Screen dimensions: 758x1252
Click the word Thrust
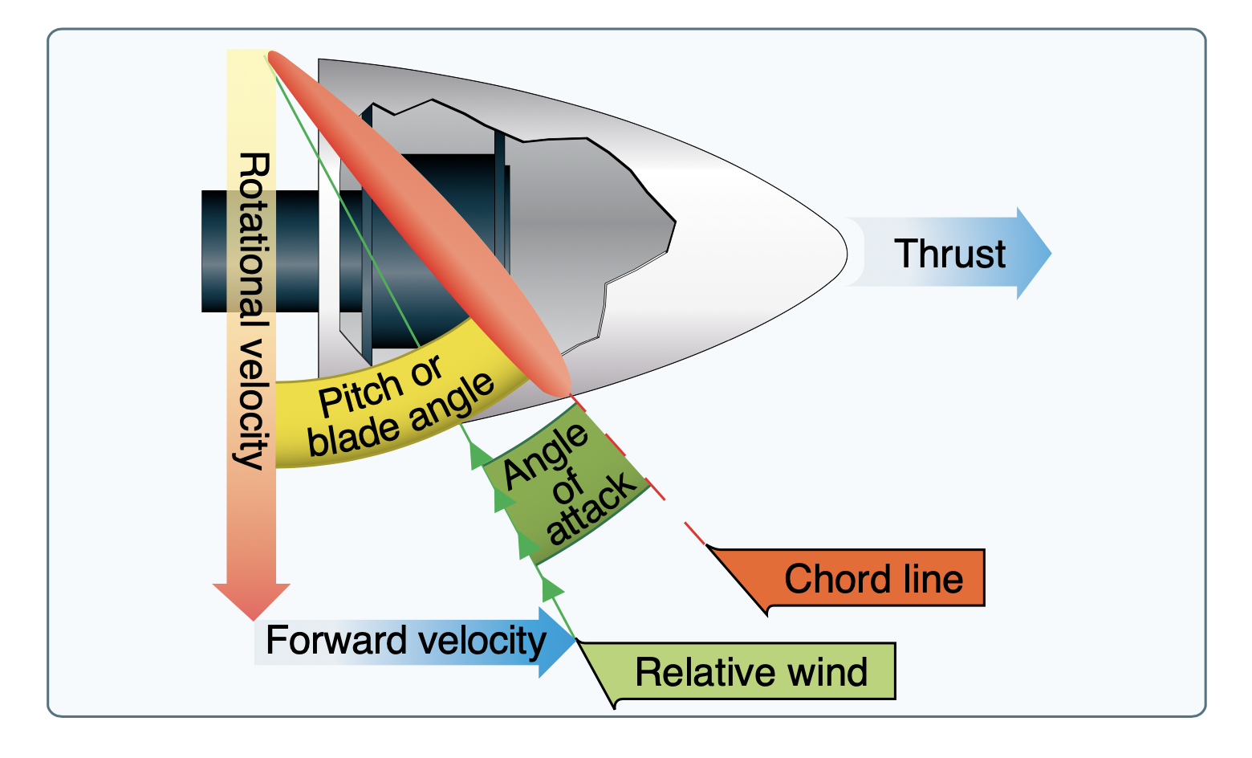pyautogui.click(x=949, y=254)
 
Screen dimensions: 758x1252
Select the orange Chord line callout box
pyautogui.click(x=873, y=578)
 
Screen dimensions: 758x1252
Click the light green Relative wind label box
pyautogui.click(x=751, y=671)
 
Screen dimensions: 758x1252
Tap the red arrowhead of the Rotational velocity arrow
pyautogui.click(x=251, y=598)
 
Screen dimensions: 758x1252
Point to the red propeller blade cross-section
pyautogui.click(x=417, y=225)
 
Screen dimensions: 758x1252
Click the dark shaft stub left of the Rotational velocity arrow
pyautogui.click(x=214, y=251)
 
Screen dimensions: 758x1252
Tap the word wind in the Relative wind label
pyautogui.click(x=827, y=671)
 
